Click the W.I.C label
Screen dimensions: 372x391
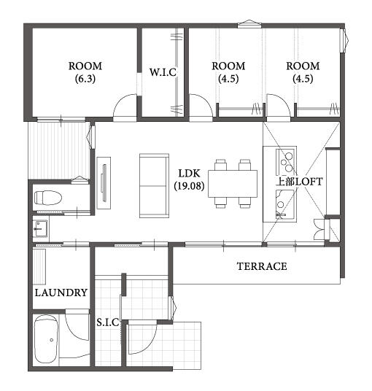[163, 72]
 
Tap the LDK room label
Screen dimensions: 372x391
[189, 174]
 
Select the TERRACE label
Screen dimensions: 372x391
[262, 266]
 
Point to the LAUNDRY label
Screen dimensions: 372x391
[61, 293]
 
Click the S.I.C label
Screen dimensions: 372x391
[108, 322]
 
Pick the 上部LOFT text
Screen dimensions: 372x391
[300, 182]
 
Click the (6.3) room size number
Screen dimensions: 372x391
[85, 79]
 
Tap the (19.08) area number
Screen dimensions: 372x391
[189, 186]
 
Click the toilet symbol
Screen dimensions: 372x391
[48, 198]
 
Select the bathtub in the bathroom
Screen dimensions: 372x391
[46, 339]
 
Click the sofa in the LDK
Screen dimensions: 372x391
[155, 186]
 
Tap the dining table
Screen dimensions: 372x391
[233, 184]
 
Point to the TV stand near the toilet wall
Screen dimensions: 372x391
[104, 183]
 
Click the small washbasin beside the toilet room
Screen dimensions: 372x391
[40, 228]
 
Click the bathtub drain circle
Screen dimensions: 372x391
[52, 340]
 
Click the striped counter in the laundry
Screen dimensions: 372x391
[39, 266]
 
